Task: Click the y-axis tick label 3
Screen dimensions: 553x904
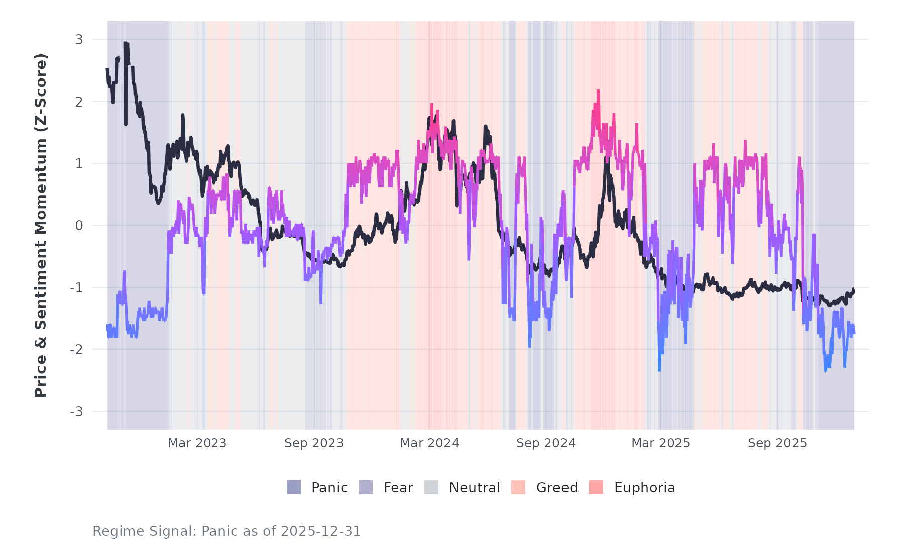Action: click(x=79, y=40)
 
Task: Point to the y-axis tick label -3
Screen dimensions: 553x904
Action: click(x=76, y=412)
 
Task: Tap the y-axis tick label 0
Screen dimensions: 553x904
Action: click(x=79, y=226)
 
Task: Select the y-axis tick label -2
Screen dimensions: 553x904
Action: click(x=76, y=350)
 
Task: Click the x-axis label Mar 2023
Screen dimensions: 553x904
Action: click(x=197, y=443)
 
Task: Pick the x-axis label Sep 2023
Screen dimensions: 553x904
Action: click(x=314, y=443)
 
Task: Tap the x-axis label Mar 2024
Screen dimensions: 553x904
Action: click(x=429, y=443)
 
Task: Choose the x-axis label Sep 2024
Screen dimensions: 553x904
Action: click(x=546, y=443)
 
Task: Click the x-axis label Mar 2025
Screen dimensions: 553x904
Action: click(x=660, y=443)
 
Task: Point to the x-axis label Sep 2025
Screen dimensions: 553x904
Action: click(x=777, y=443)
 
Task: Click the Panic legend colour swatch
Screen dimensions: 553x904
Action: click(x=294, y=487)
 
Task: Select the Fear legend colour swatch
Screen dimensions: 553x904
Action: click(x=366, y=487)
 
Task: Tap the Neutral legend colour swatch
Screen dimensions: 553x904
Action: click(x=431, y=487)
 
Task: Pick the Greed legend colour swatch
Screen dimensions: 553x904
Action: click(x=518, y=487)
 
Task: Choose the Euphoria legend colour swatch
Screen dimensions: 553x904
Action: click(x=596, y=487)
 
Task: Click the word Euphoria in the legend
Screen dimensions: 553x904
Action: click(x=644, y=488)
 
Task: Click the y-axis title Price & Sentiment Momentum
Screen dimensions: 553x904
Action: click(x=41, y=225)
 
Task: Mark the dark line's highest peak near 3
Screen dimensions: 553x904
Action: click(x=125, y=43)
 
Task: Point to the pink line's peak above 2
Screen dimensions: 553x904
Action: click(x=598, y=91)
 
